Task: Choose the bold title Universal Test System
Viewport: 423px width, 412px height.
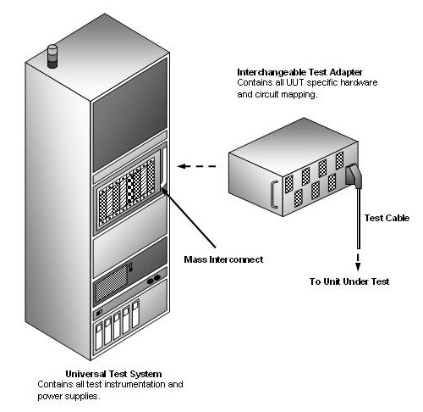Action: [x=113, y=373]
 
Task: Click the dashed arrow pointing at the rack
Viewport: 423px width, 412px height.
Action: [x=201, y=168]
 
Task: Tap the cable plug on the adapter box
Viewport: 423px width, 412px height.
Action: [x=353, y=175]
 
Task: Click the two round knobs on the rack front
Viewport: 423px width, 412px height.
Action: [x=154, y=281]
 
